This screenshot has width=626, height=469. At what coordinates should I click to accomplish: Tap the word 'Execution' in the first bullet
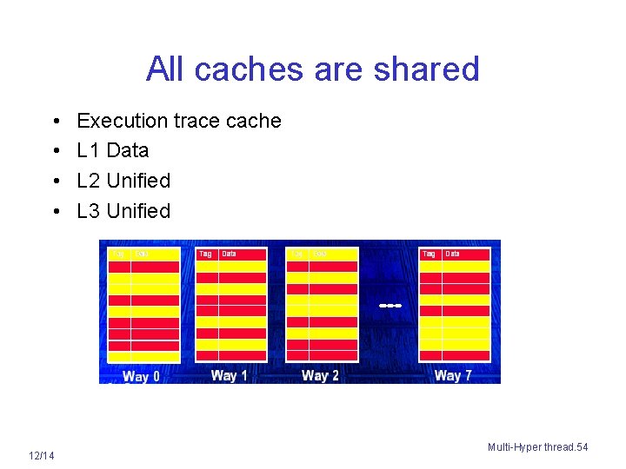point(122,121)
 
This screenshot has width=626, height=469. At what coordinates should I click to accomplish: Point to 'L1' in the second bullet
point(89,150)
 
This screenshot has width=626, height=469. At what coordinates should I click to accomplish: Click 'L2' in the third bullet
point(89,181)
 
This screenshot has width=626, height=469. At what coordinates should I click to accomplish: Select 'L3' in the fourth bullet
point(89,211)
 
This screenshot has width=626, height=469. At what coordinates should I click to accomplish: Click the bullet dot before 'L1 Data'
point(55,151)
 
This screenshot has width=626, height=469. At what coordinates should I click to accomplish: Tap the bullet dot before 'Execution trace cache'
point(55,122)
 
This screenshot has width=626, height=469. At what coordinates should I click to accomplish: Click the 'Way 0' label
point(141,376)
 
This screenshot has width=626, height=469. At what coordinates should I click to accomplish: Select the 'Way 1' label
point(229,375)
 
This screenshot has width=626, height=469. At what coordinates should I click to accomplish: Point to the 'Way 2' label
point(320,375)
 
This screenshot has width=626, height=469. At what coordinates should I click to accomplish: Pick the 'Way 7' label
point(452,375)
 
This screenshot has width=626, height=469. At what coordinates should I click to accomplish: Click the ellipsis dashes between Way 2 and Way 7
point(390,306)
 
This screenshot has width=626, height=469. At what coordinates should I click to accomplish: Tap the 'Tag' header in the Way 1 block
point(205,254)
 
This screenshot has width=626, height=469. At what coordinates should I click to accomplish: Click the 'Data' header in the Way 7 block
point(452,254)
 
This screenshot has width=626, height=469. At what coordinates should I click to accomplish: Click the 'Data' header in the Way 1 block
point(229,254)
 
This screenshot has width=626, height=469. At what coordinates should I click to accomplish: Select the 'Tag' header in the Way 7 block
point(429,254)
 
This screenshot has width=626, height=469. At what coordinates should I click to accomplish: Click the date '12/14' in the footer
point(41,456)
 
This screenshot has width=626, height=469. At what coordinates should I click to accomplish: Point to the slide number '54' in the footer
point(582,446)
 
